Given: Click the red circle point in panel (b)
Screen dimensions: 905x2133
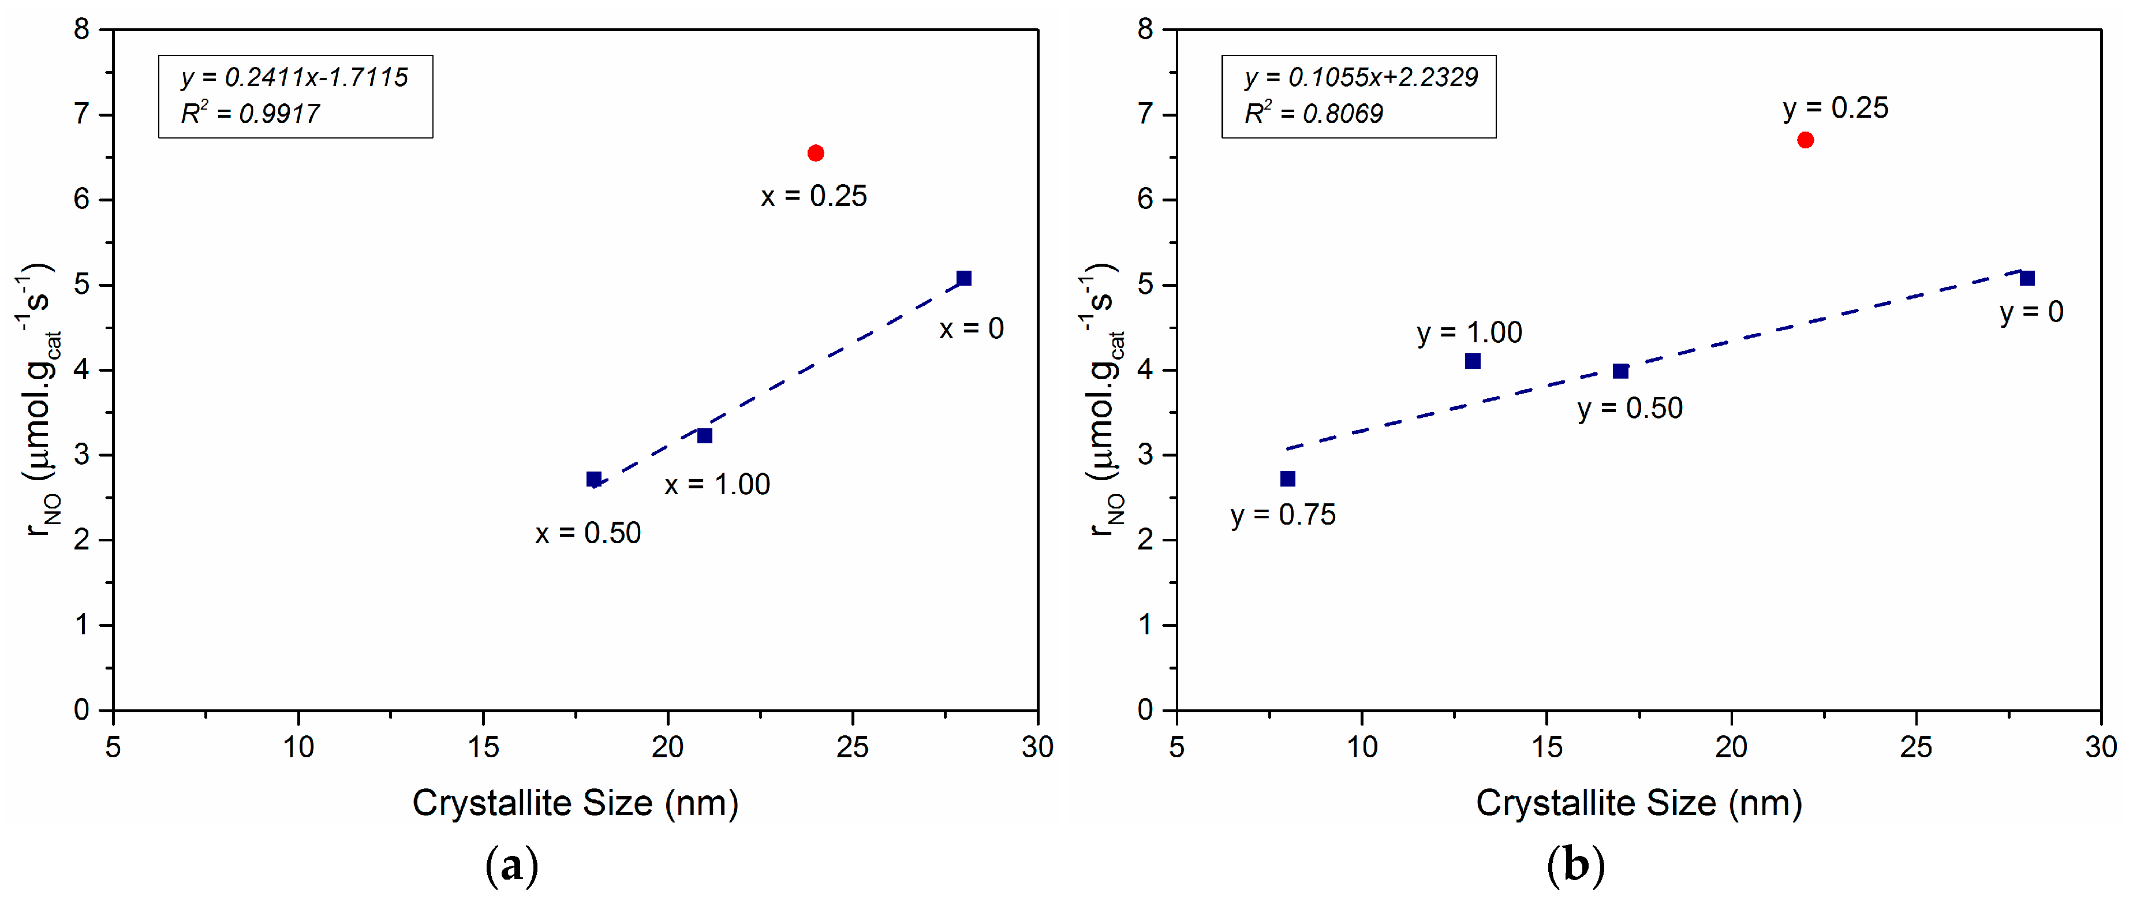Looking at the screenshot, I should (1805, 140).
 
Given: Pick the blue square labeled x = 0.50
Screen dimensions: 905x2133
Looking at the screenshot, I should (593, 480).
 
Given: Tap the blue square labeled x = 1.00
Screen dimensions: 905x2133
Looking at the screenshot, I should (705, 436).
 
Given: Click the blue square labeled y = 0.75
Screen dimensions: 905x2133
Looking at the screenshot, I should (1287, 478).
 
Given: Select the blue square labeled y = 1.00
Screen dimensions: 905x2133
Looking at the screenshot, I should (1472, 361).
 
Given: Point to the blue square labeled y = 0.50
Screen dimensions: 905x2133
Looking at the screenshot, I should (1620, 371).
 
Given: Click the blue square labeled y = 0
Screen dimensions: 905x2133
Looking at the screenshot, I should (2027, 278).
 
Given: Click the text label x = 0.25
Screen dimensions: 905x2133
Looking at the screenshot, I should (814, 197).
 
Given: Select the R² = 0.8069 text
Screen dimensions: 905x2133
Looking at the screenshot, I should (1313, 114).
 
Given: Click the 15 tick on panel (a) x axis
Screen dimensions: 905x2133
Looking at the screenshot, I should (483, 747).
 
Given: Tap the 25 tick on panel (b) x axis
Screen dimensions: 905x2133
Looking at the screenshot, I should (1915, 747).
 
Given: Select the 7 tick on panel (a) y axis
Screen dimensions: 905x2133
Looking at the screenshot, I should (81, 114).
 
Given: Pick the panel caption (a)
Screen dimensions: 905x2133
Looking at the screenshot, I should (511, 866).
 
